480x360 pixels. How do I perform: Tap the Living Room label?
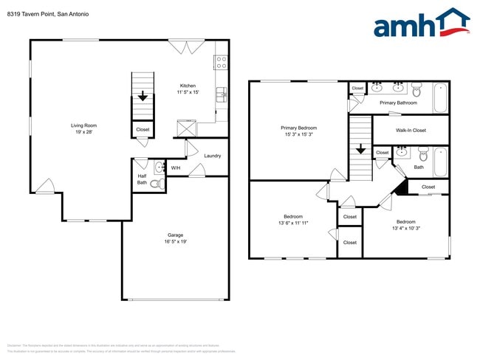click(83, 125)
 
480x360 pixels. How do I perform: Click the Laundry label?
click(213, 156)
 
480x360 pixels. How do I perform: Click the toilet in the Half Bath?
click(156, 184)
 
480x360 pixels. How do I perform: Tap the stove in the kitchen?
click(220, 62)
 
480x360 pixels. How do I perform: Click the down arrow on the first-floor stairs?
click(142, 96)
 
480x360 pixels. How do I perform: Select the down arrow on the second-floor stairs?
click(360, 149)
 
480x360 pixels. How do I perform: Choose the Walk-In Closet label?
click(411, 131)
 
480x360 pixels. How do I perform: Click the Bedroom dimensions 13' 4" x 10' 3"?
click(405, 228)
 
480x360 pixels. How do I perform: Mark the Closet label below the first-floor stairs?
click(143, 130)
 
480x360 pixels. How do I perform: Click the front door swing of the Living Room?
click(45, 186)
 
